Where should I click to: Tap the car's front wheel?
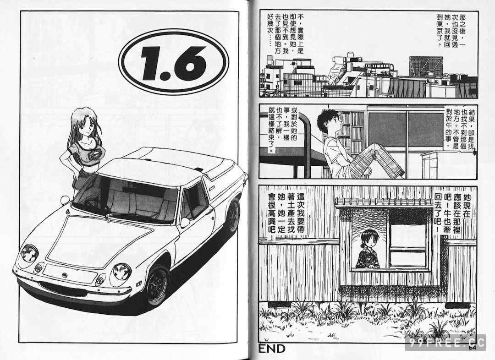(x=157, y=285)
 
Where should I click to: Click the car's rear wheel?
(x=233, y=215)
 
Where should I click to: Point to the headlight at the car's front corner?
(x=29, y=253)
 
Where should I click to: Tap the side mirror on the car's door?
(x=185, y=222)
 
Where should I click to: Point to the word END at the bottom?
(x=272, y=349)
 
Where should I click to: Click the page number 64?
(x=472, y=347)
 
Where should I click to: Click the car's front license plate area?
(x=70, y=273)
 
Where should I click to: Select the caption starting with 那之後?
(x=451, y=30)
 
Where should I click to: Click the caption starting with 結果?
(x=459, y=130)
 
